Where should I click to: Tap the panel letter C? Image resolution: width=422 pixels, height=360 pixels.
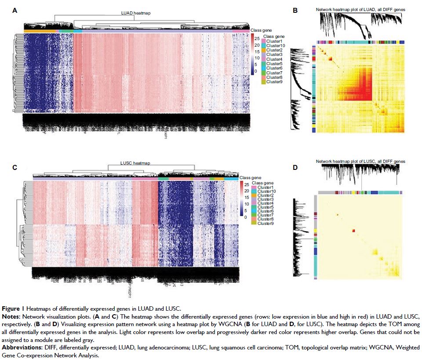(15, 167)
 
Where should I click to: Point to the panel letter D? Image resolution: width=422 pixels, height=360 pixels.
(295, 167)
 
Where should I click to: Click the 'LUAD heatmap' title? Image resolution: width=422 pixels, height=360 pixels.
(135, 14)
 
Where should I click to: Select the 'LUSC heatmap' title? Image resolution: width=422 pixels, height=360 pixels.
(135, 163)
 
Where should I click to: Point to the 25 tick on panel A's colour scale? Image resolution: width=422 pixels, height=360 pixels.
(257, 39)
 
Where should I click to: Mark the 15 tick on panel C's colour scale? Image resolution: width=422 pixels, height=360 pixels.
(247, 198)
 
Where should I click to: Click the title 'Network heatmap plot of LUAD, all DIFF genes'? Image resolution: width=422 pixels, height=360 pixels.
(361, 9)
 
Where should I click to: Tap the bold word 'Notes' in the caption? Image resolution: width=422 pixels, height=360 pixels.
(11, 316)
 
